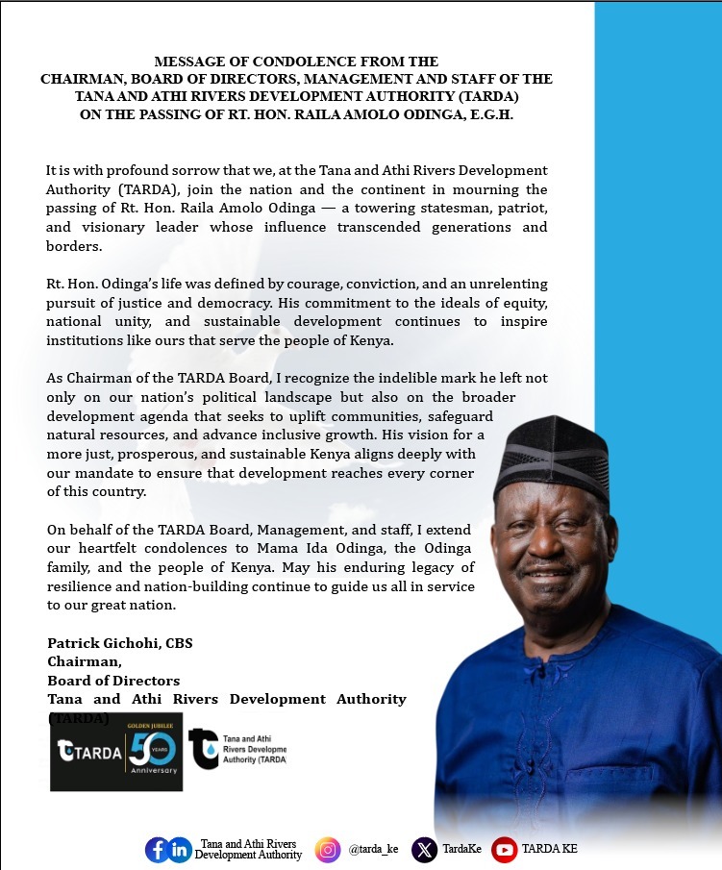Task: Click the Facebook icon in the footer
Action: pyautogui.click(x=157, y=850)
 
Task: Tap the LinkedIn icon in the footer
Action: pyautogui.click(x=180, y=850)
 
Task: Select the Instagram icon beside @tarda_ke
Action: pyautogui.click(x=328, y=850)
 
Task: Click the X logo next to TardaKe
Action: pyautogui.click(x=424, y=850)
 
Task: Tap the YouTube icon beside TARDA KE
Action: pyautogui.click(x=504, y=850)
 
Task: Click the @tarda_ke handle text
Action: pyautogui.click(x=373, y=850)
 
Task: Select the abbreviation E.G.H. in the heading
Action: pyautogui.click(x=487, y=114)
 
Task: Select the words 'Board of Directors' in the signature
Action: pyautogui.click(x=113, y=681)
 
